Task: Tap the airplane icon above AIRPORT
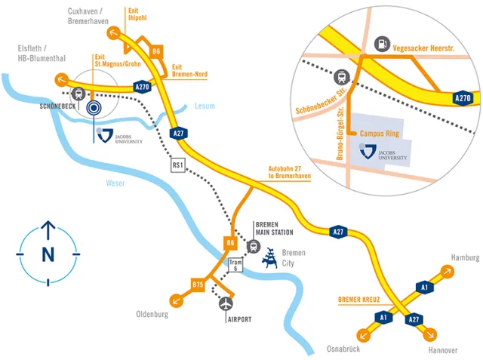click(x=226, y=303)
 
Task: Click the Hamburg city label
click(x=464, y=258)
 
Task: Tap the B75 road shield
click(x=198, y=284)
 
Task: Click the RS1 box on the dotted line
click(x=179, y=165)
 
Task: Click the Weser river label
click(x=115, y=183)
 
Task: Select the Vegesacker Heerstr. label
click(x=429, y=48)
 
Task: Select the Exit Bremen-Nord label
click(x=189, y=71)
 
